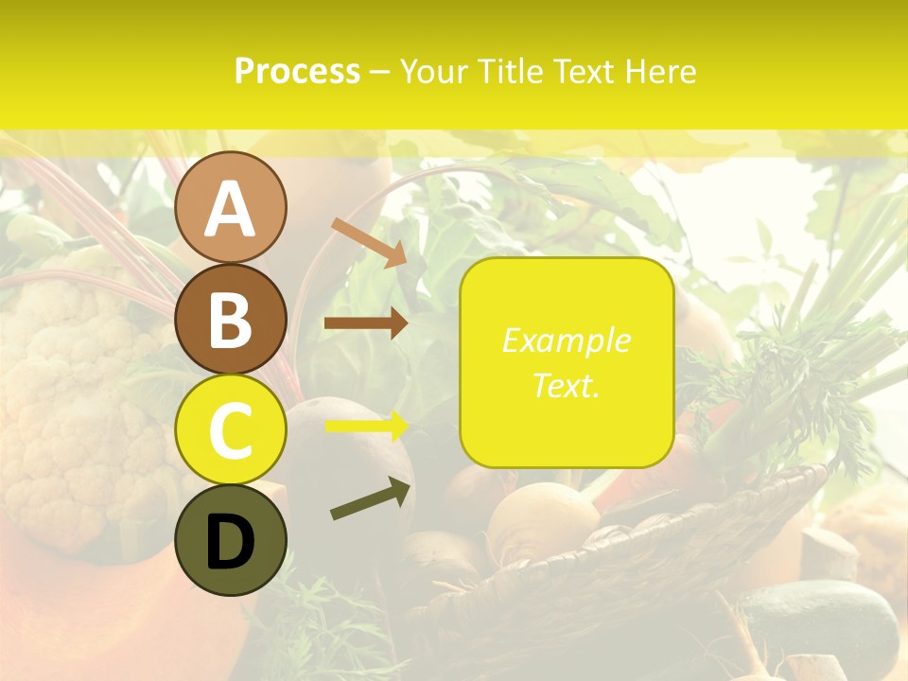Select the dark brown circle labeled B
tap(230, 319)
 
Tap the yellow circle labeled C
tap(230, 429)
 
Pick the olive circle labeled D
tap(230, 541)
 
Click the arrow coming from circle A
tap(370, 242)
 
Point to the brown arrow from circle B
tap(366, 323)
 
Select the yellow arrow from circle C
tap(366, 426)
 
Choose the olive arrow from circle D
tap(371, 498)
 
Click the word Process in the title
tap(297, 72)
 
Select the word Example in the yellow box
tap(566, 340)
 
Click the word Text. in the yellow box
tap(566, 385)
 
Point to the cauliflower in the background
tap(76, 397)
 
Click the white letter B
tap(230, 320)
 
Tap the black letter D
tap(230, 542)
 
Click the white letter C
tap(230, 430)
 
